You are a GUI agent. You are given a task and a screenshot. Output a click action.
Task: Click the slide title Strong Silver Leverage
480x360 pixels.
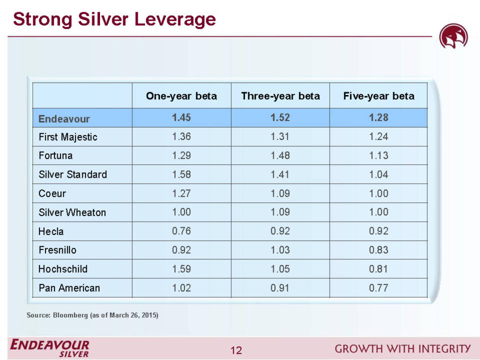click(x=114, y=19)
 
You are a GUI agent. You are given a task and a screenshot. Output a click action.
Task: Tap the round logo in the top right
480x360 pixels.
click(x=453, y=36)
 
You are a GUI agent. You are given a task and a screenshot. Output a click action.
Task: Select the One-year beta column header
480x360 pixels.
click(x=181, y=96)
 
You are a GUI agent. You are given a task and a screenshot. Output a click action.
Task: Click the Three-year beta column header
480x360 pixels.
click(x=280, y=96)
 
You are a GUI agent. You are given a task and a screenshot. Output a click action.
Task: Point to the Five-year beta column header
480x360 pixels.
click(x=379, y=96)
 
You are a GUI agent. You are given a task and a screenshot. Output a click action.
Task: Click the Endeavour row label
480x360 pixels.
click(x=64, y=119)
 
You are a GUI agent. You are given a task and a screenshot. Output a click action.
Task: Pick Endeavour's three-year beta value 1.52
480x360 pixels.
click(x=280, y=118)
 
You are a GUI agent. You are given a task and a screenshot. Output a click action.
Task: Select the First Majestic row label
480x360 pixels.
click(x=68, y=137)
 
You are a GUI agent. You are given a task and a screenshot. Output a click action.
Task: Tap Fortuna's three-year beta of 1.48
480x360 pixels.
click(x=280, y=156)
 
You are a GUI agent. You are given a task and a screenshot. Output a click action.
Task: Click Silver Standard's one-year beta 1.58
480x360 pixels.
click(x=181, y=174)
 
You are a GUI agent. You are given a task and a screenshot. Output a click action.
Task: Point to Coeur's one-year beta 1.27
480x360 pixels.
click(x=181, y=193)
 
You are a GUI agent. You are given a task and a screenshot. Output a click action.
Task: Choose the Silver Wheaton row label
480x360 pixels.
click(x=72, y=212)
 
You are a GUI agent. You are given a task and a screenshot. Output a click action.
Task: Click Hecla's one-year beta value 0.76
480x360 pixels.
click(x=181, y=231)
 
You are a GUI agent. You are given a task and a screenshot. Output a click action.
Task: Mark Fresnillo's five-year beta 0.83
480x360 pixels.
click(x=378, y=250)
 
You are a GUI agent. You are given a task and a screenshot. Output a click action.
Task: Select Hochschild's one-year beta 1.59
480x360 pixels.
click(x=181, y=269)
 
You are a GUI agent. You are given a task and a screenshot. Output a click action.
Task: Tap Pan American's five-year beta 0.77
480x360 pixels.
click(x=378, y=288)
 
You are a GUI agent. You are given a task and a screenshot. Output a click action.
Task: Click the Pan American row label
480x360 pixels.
click(x=69, y=288)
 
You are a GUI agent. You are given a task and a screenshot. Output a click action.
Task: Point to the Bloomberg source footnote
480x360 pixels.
click(x=92, y=315)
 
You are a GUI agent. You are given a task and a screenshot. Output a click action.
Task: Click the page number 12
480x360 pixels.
click(x=236, y=350)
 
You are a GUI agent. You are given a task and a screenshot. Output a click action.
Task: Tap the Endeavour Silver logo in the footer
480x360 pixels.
click(x=50, y=348)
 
